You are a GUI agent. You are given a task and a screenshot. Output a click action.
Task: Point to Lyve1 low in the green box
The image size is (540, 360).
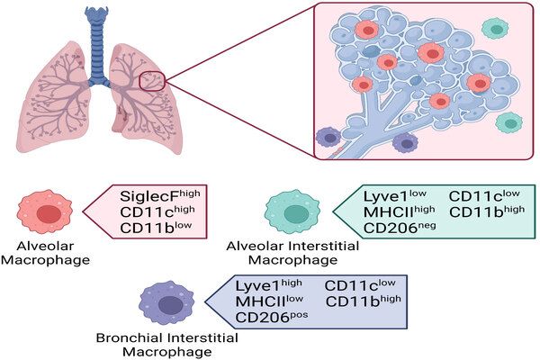(x=392, y=195)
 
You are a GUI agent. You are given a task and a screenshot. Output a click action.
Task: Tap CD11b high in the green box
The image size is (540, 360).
(x=483, y=211)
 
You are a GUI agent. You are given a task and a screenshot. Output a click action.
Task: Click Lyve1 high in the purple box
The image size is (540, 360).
(x=268, y=285)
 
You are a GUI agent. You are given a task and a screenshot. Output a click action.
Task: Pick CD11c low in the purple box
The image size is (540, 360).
(x=357, y=285)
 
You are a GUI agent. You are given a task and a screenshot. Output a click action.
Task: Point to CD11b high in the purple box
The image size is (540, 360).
(x=359, y=301)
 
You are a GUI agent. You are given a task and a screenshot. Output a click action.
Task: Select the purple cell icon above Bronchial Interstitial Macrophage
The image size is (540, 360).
(x=166, y=303)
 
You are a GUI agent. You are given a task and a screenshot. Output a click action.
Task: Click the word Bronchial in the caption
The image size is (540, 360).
(x=135, y=337)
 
